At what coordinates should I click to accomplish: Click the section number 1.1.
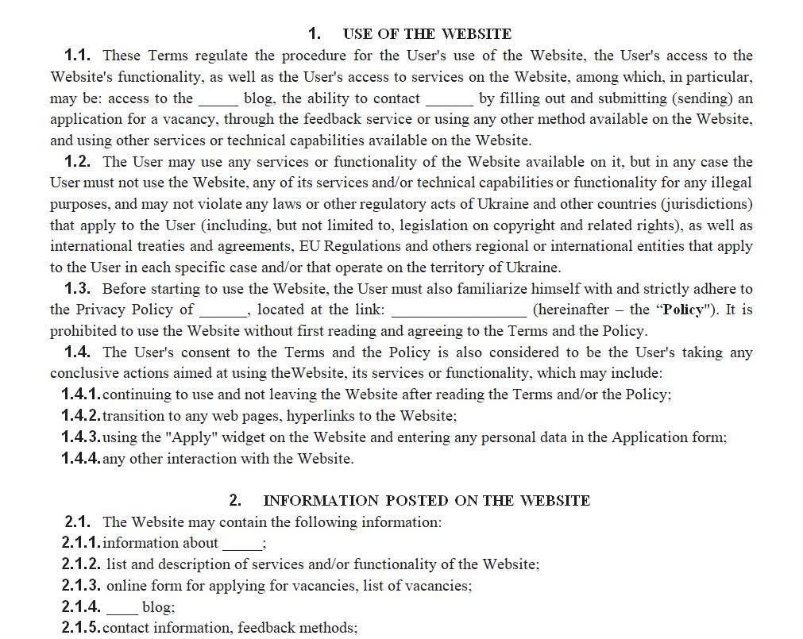click(77, 56)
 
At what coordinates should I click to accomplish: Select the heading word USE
click(358, 33)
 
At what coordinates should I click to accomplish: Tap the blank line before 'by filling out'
click(450, 99)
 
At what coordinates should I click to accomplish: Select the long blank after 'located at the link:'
click(458, 310)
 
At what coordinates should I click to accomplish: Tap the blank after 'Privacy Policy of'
click(223, 310)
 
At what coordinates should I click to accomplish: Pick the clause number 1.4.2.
click(80, 416)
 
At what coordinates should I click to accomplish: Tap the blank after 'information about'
click(241, 544)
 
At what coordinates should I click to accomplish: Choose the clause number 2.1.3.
click(80, 586)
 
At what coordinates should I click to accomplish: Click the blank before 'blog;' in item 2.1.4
click(122, 608)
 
